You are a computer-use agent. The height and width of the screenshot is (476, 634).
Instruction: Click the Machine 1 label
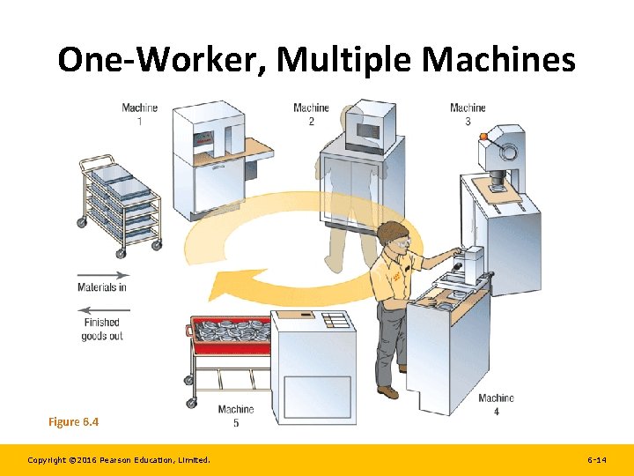point(139,114)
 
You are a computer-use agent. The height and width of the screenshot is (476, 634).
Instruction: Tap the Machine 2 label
point(311,114)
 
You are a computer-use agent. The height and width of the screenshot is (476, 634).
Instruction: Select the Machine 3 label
point(468,114)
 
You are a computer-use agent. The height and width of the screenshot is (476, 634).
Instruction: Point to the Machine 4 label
point(496,404)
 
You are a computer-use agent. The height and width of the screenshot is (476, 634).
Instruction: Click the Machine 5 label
point(235,415)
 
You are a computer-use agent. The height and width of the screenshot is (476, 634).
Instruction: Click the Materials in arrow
point(103,275)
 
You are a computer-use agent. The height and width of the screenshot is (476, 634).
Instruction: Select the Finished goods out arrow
point(103,309)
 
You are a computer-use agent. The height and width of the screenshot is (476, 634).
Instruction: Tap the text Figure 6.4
point(73,422)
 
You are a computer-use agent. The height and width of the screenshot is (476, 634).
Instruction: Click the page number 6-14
point(596,460)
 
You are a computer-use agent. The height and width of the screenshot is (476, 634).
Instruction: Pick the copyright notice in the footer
point(119,460)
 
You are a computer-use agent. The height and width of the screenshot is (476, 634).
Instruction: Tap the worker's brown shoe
point(388,391)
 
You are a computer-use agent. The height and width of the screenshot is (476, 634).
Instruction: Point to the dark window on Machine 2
point(364,130)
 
